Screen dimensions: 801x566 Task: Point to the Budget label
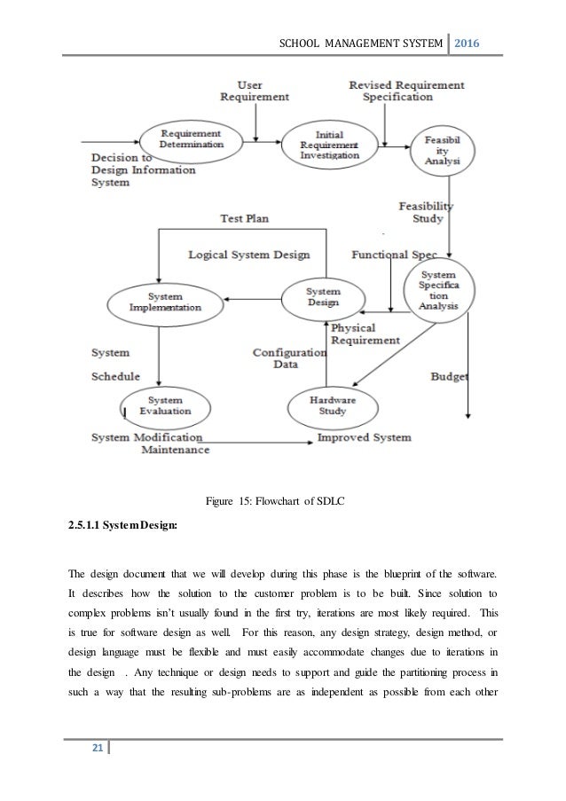(x=449, y=376)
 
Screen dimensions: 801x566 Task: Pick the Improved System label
(x=364, y=437)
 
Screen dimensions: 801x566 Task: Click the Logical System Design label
(x=249, y=255)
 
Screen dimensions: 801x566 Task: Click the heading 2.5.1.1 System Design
(x=122, y=525)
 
